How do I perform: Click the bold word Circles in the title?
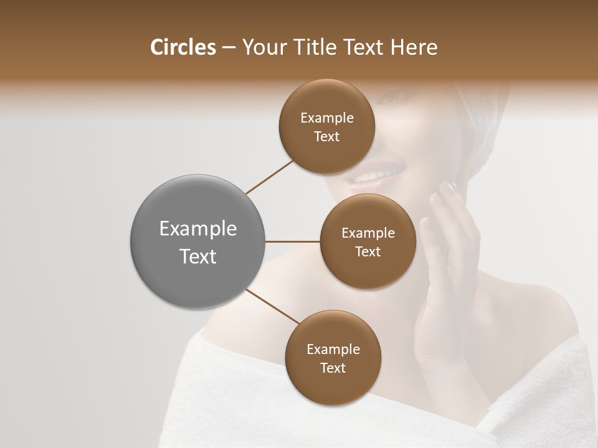click(183, 47)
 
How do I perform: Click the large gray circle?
click(198, 241)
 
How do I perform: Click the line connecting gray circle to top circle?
click(270, 177)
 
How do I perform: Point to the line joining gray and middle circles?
click(293, 241)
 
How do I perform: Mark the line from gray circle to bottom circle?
click(272, 307)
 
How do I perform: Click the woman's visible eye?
click(391, 98)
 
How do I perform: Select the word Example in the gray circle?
click(198, 229)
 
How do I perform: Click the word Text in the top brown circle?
click(327, 137)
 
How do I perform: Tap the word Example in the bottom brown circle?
click(333, 350)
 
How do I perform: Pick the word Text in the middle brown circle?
click(368, 252)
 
